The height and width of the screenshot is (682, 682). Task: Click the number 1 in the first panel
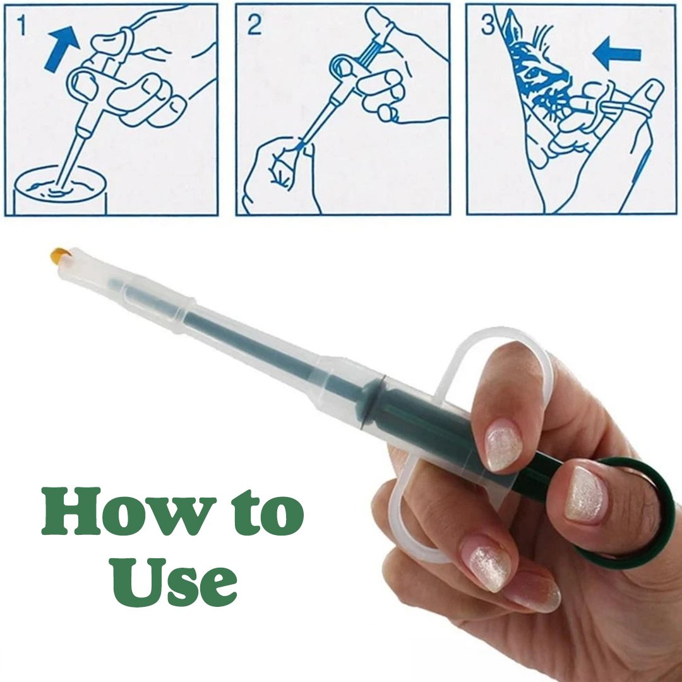[x=21, y=26]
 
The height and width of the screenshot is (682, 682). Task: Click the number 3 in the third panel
[x=488, y=25]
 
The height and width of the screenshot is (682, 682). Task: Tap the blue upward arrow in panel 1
[x=61, y=47]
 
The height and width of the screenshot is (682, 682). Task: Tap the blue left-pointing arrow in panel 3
[x=617, y=54]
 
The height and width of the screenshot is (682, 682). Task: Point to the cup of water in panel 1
[x=60, y=191]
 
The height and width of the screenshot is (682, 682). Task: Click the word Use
[x=175, y=582]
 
